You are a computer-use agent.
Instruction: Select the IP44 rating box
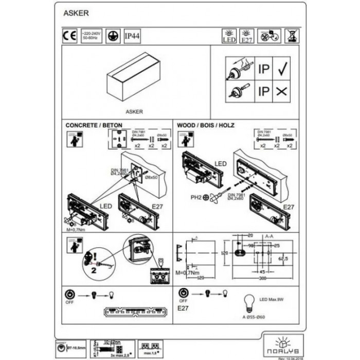coord(132,37)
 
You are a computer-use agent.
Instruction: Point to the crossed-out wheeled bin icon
coord(288,35)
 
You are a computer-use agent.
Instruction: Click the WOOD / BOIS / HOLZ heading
coord(208,125)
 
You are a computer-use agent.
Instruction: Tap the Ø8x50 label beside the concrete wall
coord(151,177)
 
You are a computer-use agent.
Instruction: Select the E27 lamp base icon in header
coord(247,35)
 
